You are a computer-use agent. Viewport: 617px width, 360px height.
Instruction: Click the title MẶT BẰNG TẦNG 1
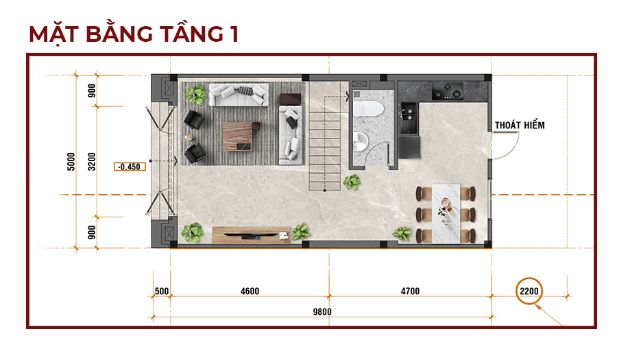click(134, 34)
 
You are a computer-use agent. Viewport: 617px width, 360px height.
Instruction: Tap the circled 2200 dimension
click(529, 291)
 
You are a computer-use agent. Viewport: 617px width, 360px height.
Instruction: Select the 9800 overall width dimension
click(322, 311)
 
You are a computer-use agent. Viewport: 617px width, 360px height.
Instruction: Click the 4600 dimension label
click(250, 291)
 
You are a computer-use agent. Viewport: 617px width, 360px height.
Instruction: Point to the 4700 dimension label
click(410, 291)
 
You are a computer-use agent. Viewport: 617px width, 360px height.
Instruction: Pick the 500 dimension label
click(162, 291)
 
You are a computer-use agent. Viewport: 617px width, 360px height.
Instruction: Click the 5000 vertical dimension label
click(71, 162)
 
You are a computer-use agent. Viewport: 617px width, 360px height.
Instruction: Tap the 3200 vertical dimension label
click(92, 162)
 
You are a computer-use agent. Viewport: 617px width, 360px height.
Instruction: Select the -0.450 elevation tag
click(130, 167)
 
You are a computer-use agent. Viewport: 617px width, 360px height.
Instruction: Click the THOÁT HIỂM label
click(520, 125)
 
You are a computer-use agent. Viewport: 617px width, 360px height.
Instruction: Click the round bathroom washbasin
click(360, 141)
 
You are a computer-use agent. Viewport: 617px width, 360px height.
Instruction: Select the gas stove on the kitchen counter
click(447, 92)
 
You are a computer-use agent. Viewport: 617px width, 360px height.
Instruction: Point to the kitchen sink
click(409, 118)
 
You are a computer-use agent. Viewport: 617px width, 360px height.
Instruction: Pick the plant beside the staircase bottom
click(352, 182)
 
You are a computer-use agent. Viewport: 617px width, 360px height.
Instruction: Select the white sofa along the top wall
click(239, 95)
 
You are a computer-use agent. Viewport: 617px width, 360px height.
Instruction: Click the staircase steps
click(325, 151)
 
